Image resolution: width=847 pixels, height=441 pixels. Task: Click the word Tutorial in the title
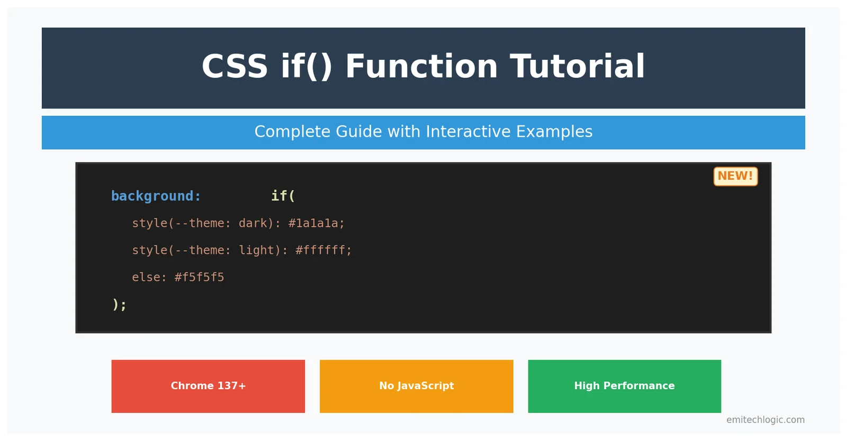[x=577, y=67]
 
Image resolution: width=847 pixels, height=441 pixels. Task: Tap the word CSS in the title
[x=235, y=67]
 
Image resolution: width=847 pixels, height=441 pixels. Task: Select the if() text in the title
[x=307, y=67]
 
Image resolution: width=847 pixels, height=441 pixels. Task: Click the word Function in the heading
[x=421, y=67]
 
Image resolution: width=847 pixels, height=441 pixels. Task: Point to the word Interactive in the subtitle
[x=468, y=132]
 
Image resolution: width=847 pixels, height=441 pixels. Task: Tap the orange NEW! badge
[x=735, y=176]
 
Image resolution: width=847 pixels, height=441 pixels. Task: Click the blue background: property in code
[x=156, y=196]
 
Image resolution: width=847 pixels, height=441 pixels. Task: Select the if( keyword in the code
[x=283, y=196]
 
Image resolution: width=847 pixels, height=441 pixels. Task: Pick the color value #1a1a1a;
[x=316, y=223]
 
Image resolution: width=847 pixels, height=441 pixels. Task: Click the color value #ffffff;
[x=323, y=250]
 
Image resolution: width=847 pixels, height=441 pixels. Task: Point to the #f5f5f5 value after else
[x=199, y=277]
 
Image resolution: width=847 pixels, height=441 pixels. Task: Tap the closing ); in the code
[x=119, y=305]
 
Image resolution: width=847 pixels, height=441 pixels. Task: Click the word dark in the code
[x=253, y=223]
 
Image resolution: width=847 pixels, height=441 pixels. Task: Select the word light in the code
[x=256, y=250]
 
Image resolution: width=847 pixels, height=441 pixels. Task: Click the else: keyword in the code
[x=149, y=277]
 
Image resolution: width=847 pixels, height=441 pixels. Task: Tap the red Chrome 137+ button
[x=208, y=386]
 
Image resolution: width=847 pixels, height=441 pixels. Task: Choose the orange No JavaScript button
[x=416, y=386]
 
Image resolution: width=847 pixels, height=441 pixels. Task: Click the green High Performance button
[x=624, y=386]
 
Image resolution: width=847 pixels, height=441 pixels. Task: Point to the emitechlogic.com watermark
[x=765, y=420]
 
